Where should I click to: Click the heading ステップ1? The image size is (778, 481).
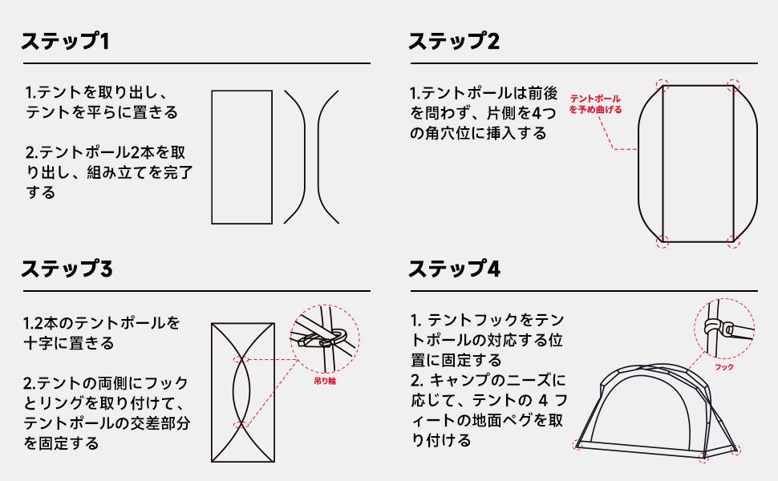click(x=65, y=41)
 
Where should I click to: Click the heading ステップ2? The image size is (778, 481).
click(x=454, y=41)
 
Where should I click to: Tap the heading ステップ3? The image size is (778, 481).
click(x=67, y=269)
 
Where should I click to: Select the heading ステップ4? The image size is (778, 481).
click(x=454, y=269)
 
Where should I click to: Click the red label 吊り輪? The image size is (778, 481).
click(x=325, y=381)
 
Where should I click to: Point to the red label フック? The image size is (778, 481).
click(x=724, y=367)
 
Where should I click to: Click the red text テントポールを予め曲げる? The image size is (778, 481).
click(x=595, y=104)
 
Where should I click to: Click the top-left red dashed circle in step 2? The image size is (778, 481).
click(x=663, y=85)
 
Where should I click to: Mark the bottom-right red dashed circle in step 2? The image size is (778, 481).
click(x=733, y=242)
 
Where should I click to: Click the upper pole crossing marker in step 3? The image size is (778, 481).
click(x=241, y=359)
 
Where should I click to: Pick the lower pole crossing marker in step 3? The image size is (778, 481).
click(x=241, y=425)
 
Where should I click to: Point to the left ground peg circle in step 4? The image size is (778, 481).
click(x=578, y=444)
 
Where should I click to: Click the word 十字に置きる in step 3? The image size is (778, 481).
click(x=69, y=343)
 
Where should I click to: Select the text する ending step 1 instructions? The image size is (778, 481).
click(x=41, y=192)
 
